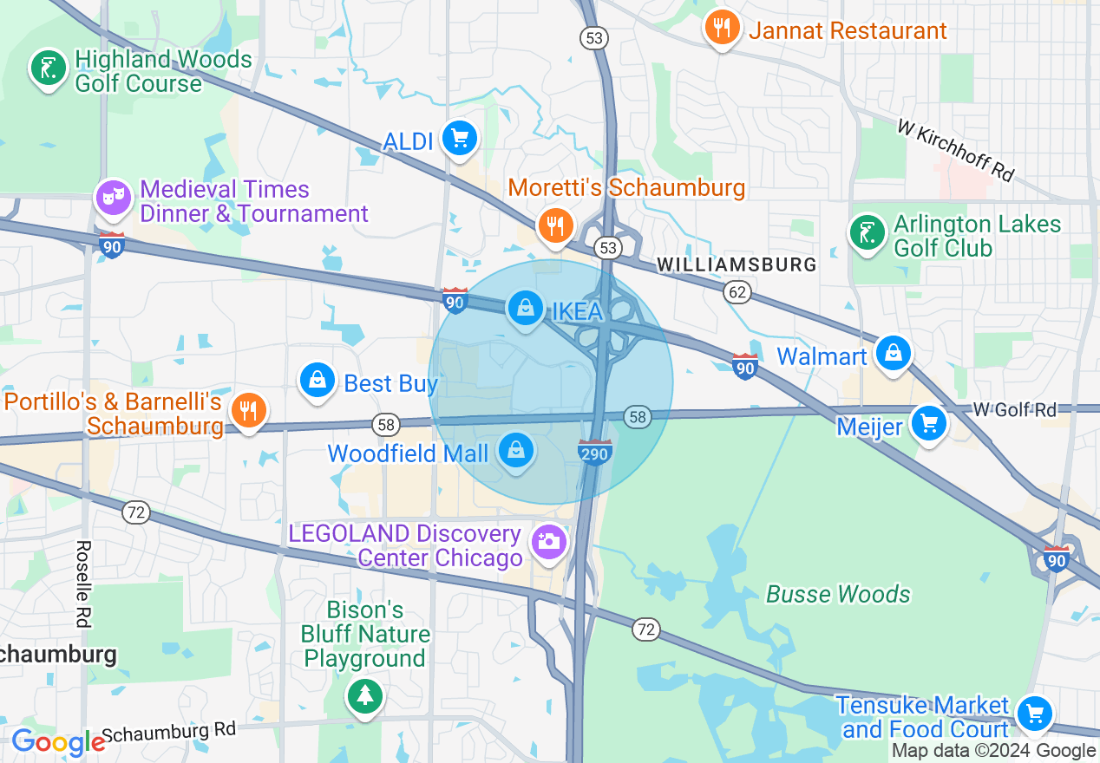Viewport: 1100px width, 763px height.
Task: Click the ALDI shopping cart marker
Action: (x=459, y=139)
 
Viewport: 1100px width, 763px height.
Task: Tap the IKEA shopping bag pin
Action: (x=525, y=307)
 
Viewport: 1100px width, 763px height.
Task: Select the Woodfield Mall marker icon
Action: (x=516, y=451)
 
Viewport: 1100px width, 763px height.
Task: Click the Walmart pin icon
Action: (x=892, y=354)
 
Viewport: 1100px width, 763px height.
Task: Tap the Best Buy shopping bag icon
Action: (x=318, y=381)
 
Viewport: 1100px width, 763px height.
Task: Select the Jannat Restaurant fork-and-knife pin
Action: (x=721, y=28)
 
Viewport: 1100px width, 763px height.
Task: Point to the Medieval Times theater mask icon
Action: (x=114, y=199)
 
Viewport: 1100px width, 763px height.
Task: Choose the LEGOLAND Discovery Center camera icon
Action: (x=549, y=542)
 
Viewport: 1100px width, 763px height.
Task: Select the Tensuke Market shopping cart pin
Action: (x=1034, y=714)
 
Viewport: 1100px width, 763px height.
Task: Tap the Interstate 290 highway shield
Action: (x=595, y=452)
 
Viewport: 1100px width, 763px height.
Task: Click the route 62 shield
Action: (x=737, y=292)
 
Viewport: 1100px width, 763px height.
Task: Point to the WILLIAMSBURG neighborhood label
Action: (x=737, y=264)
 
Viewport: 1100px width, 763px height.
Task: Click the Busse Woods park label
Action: (x=837, y=594)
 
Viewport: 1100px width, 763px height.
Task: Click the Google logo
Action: (x=57, y=742)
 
